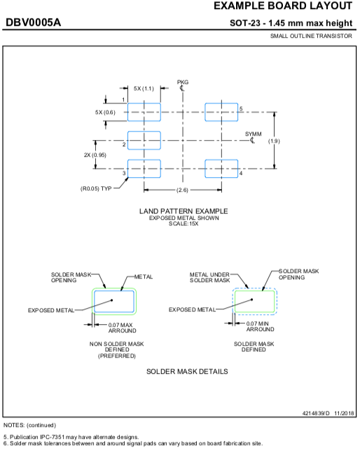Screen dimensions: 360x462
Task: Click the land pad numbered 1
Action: [x=144, y=112]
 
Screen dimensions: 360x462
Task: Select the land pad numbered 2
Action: [x=144, y=141]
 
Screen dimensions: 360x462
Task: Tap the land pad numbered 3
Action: [x=144, y=169]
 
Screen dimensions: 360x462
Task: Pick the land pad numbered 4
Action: [x=221, y=169]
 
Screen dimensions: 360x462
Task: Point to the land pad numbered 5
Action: [x=221, y=112]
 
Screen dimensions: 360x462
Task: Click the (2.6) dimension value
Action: [x=182, y=190]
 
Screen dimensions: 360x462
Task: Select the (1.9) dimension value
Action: [x=274, y=141]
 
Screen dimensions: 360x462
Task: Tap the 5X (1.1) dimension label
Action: [x=144, y=88]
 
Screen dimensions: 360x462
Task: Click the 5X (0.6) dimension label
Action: [x=105, y=112]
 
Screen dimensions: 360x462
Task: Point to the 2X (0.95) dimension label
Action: [x=95, y=155]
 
